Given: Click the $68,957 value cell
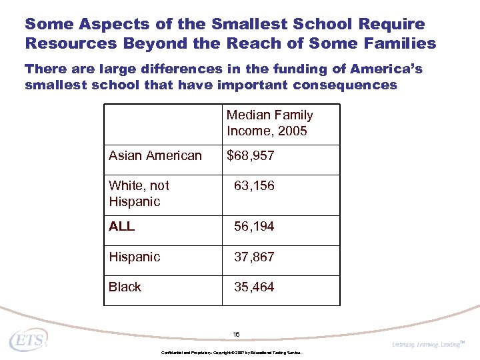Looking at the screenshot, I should (x=251, y=156).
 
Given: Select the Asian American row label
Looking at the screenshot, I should (x=155, y=156).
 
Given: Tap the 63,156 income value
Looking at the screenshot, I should (x=254, y=186).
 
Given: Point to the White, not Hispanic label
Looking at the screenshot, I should (x=139, y=193).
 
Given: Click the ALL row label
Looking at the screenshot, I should (x=121, y=227).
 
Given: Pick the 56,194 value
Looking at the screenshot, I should (x=254, y=227).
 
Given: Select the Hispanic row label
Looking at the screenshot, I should (x=134, y=257).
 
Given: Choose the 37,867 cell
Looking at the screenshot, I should (x=254, y=257).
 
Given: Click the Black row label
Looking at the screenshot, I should (x=125, y=287).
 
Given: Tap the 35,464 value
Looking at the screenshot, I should (x=254, y=287).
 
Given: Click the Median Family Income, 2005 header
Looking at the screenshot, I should (x=269, y=123).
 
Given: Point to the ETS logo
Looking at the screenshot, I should (x=28, y=340).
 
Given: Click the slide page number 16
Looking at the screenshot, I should (x=236, y=334).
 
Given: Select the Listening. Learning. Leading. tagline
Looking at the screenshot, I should (x=427, y=344).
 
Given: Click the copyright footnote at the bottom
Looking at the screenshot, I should (x=231, y=352).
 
